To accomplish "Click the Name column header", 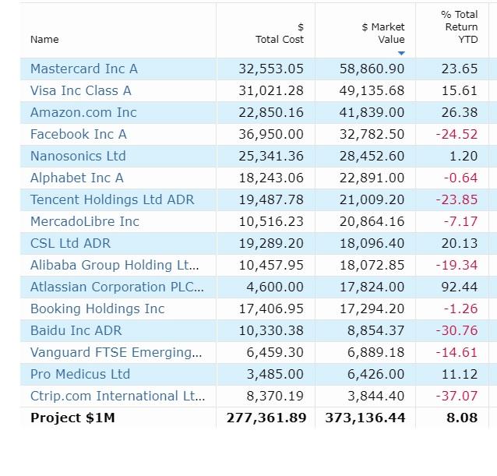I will (44, 39).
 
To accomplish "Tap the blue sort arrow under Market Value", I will (401, 53).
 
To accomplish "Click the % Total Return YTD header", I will (459, 26).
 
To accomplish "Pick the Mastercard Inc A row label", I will (84, 69).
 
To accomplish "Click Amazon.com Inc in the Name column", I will (83, 112).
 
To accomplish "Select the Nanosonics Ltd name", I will (78, 156).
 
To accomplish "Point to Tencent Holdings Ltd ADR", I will (112, 199).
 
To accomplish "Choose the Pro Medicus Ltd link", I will (80, 374).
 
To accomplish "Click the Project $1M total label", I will (72, 418).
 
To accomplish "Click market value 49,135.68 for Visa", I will (372, 90).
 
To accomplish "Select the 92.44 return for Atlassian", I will (459, 287).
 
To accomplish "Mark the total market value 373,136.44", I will (365, 418).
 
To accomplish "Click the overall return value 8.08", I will (463, 418).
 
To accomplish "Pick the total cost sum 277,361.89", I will (266, 418).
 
